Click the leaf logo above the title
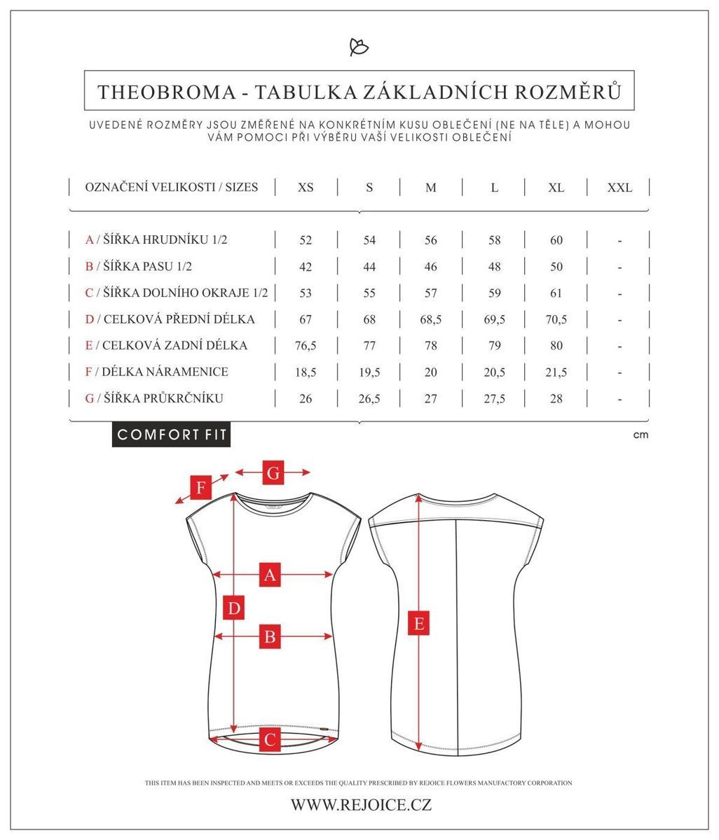359,47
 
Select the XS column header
306,188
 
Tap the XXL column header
619,188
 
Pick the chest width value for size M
430,240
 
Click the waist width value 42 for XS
306,267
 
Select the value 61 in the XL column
556,293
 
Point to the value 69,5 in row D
494,320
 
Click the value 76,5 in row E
306,346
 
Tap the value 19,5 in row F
369,372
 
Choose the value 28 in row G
556,399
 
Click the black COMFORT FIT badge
172,435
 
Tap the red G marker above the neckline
273,473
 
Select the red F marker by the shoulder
201,487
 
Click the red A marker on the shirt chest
271,575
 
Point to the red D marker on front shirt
234,608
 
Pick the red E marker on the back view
419,623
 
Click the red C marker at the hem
271,738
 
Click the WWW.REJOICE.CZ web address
361,805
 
